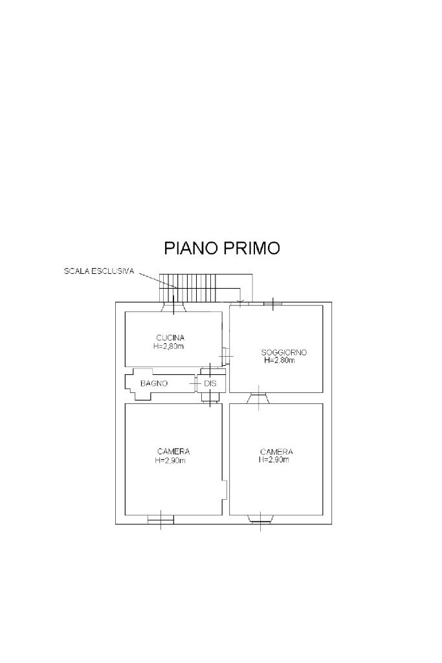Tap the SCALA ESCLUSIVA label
point(99,271)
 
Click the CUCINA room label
point(171,337)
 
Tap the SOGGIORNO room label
point(284,352)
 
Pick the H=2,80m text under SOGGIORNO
point(280,361)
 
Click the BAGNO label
point(154,383)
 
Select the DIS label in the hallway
point(210,383)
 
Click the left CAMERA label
point(173,451)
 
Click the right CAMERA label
point(276,451)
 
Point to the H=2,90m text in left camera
point(171,460)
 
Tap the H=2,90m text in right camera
point(274,460)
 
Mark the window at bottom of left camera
point(160,519)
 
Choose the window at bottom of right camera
point(261,519)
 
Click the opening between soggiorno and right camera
point(258,397)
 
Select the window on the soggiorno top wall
point(273,302)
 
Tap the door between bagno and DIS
point(197,383)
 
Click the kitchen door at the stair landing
point(173,307)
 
